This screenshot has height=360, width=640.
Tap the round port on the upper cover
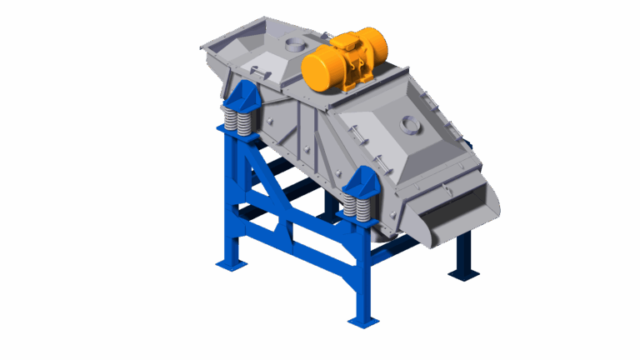(294, 42)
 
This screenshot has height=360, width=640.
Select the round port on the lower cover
(408, 125)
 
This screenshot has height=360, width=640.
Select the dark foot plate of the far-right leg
(462, 272)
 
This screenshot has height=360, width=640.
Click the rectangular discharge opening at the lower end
(454, 218)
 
